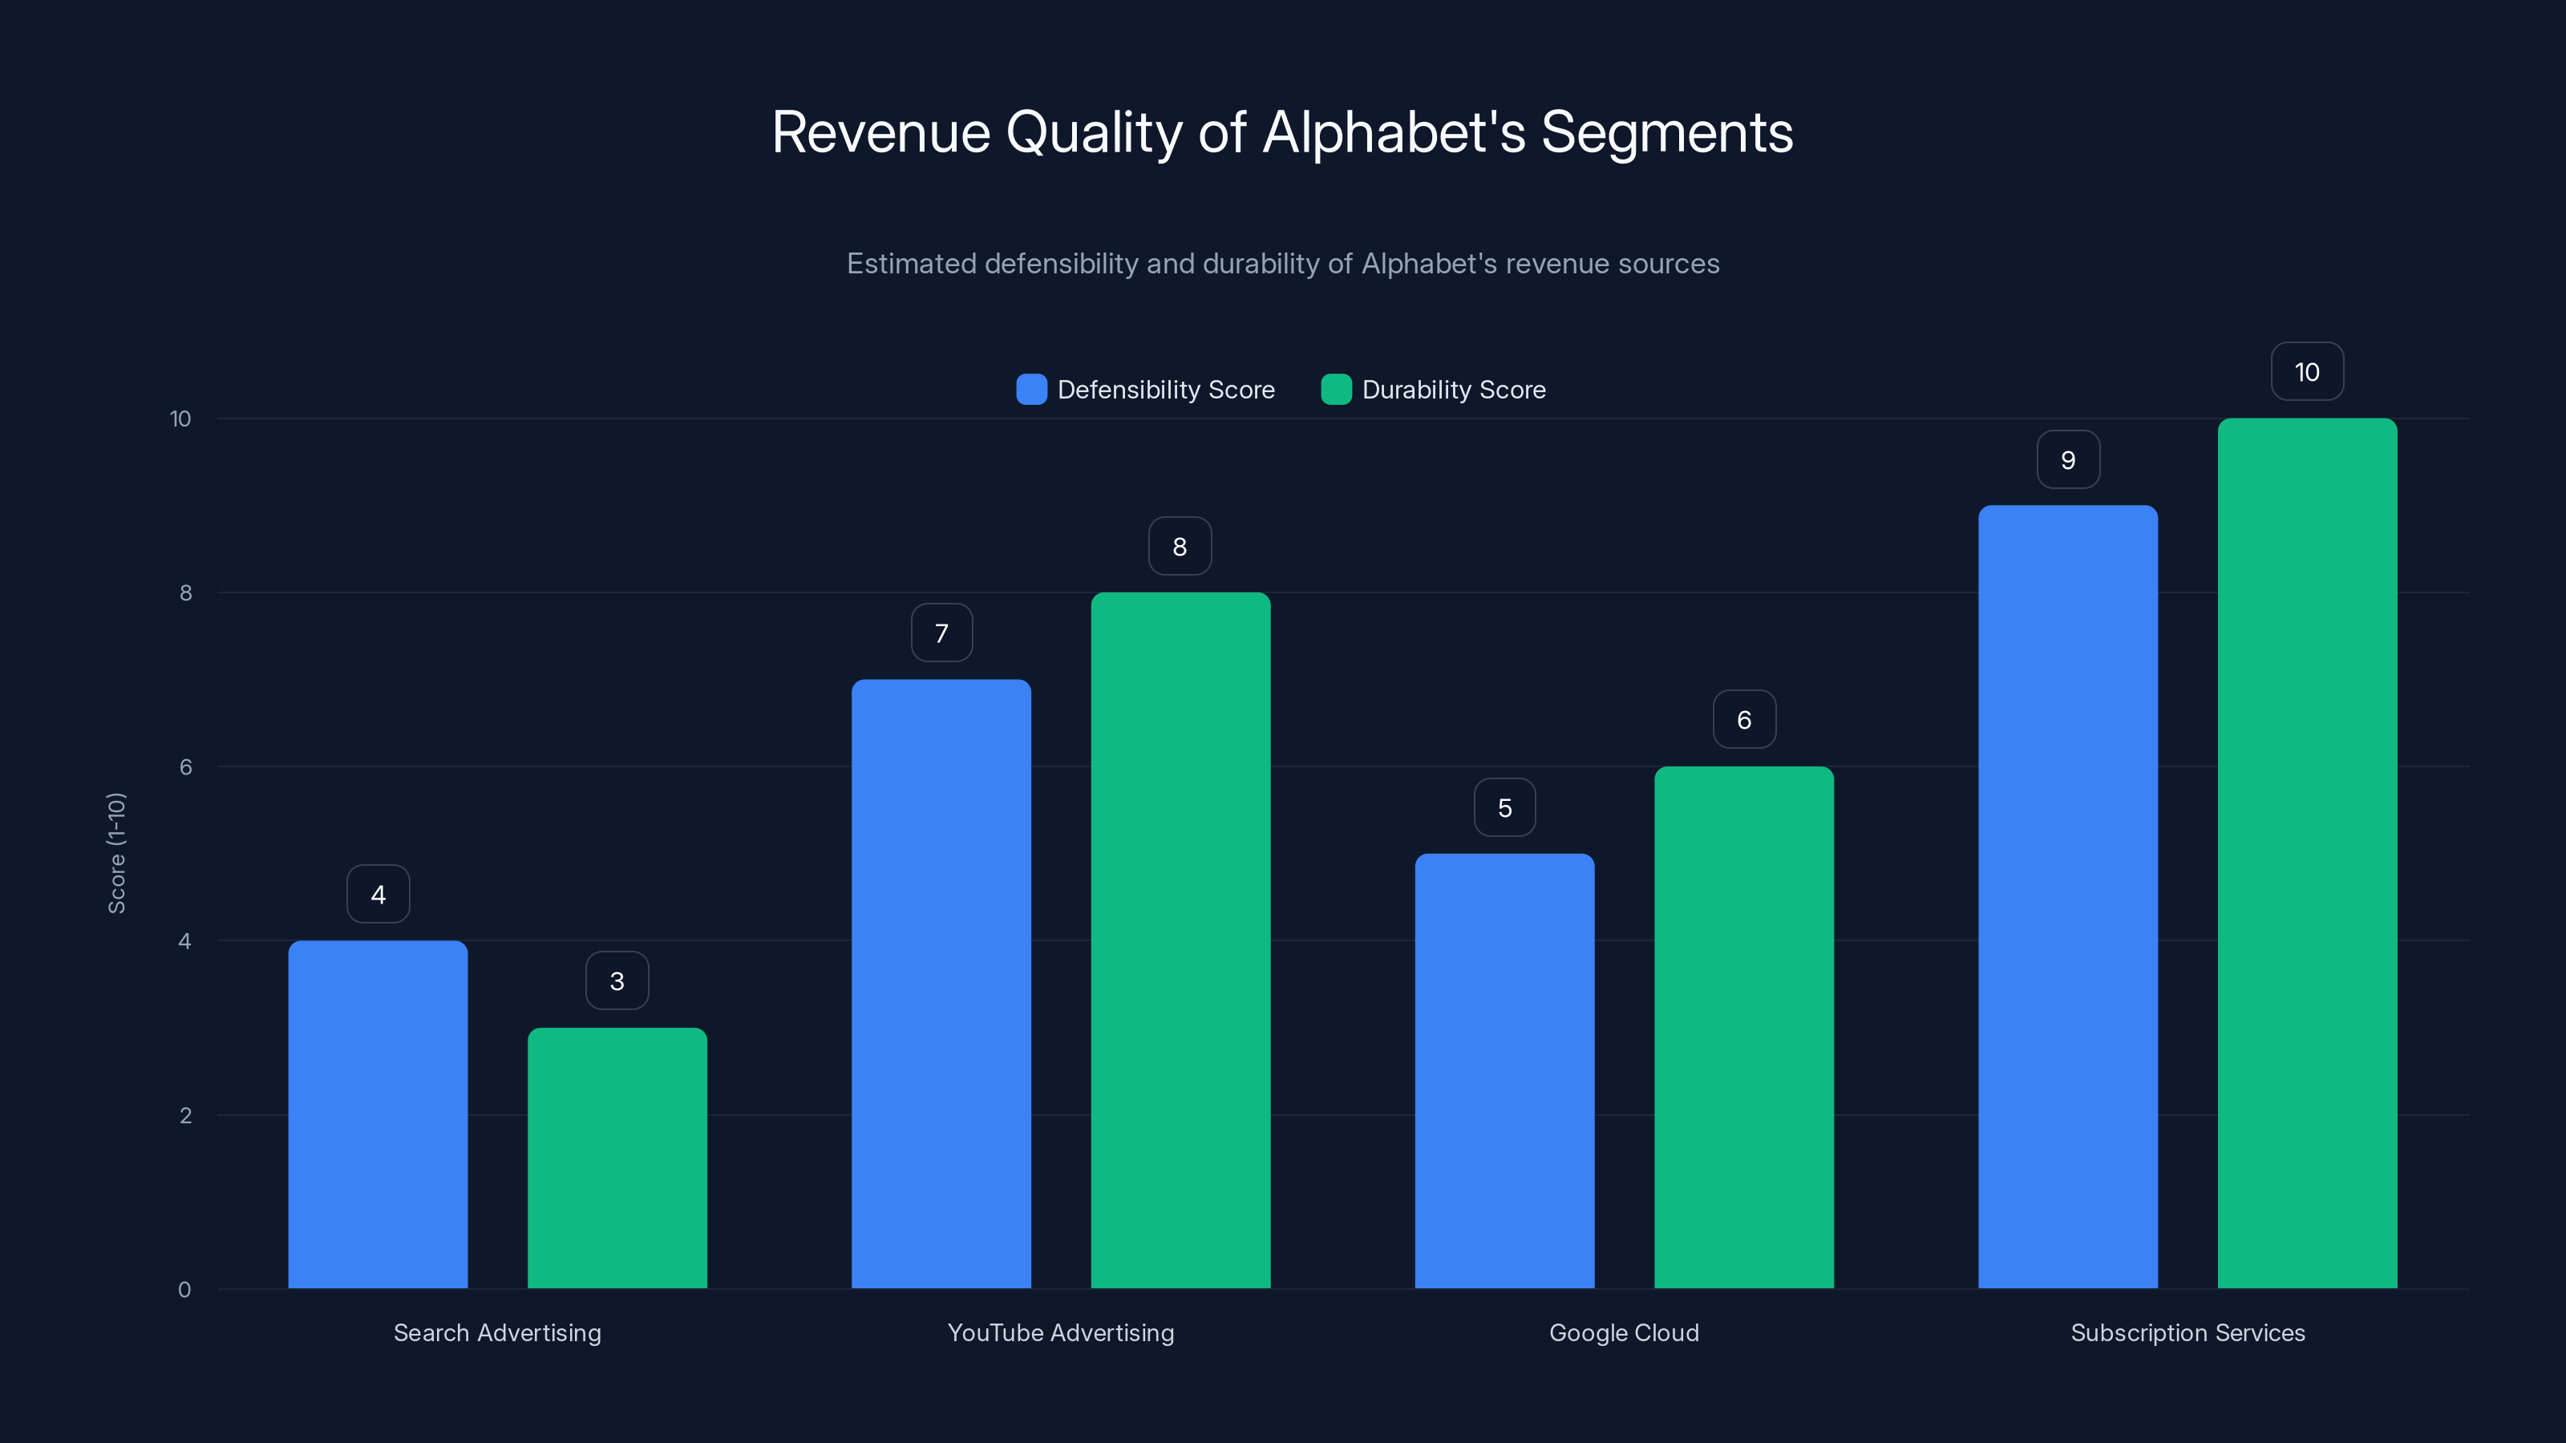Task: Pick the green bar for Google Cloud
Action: [x=1743, y=1027]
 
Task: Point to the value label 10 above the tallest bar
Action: [x=2307, y=371]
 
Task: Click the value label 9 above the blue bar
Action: [x=2068, y=459]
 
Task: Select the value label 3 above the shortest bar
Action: [x=617, y=981]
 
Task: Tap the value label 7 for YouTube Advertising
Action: [x=941, y=633]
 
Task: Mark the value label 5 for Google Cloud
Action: [x=1504, y=807]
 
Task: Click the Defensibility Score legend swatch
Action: [x=1031, y=390]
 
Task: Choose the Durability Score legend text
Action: [x=1453, y=390]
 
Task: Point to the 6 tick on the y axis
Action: [x=185, y=767]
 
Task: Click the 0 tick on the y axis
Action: [x=184, y=1290]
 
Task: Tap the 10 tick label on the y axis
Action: [x=180, y=418]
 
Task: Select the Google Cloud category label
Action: [x=1624, y=1332]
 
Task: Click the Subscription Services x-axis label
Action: [x=2188, y=1332]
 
